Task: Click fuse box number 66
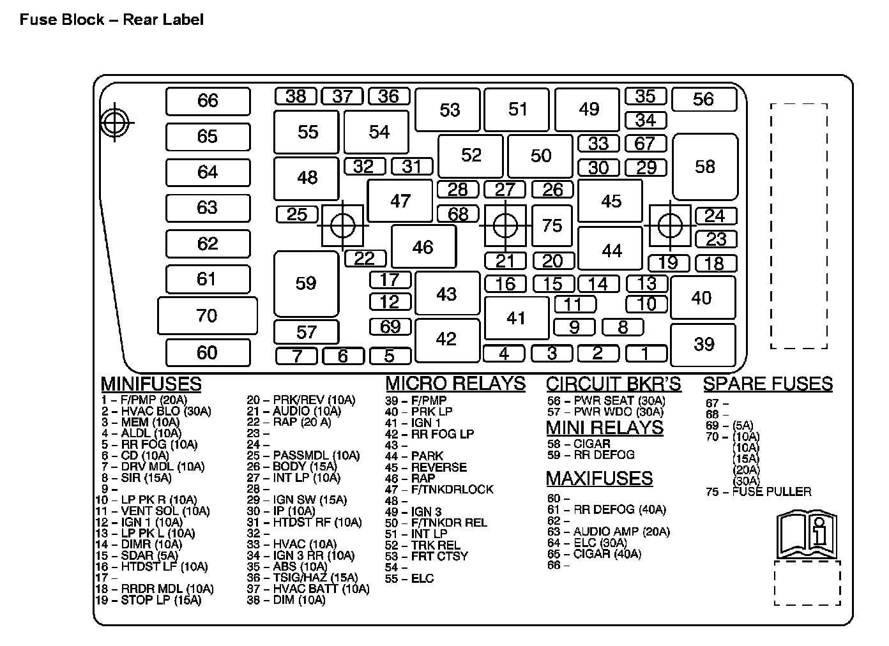pos(208,101)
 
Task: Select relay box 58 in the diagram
pos(705,167)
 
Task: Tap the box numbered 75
pos(552,225)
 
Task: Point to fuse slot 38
pos(296,96)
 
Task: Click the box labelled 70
pos(207,315)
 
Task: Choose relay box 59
pos(306,283)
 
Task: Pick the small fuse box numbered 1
pos(646,353)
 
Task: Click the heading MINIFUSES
pos(151,384)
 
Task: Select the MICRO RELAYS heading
pos(455,384)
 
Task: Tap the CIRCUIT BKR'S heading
pos(613,384)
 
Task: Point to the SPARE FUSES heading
pos(768,384)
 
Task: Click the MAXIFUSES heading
pos(599,478)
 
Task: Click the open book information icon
pos(807,534)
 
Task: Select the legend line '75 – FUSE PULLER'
pos(758,492)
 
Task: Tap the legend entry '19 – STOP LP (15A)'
pos(148,600)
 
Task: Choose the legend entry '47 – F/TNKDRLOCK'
pos(439,490)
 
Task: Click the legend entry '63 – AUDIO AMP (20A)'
pos(608,532)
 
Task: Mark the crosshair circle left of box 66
pos(115,122)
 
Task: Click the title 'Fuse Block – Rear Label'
pos(112,20)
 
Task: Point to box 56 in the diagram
pos(703,99)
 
